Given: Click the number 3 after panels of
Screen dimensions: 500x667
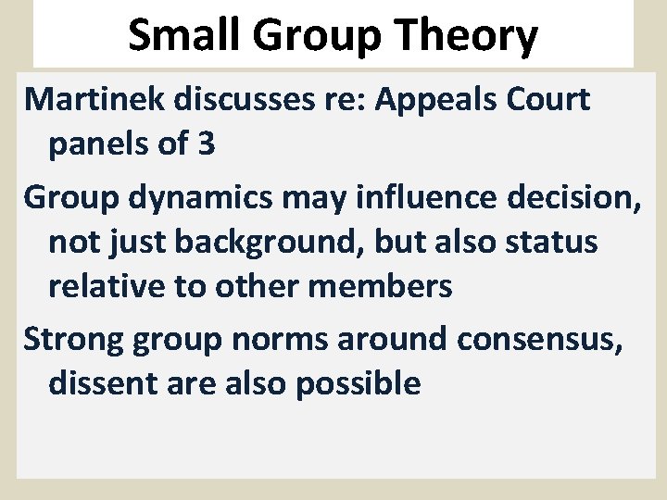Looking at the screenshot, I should pyautogui.click(x=206, y=145).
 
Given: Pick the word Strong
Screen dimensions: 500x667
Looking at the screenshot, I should pyautogui.click(x=73, y=338).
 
